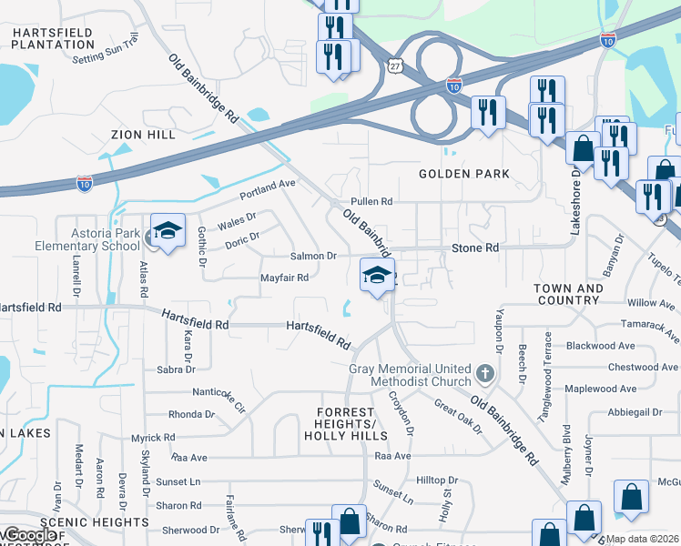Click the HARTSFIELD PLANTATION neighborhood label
(52, 38)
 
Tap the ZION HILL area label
(143, 135)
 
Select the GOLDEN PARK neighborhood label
(463, 174)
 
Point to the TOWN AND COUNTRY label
(567, 294)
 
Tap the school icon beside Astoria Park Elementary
(168, 233)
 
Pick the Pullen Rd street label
(371, 202)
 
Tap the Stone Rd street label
(475, 248)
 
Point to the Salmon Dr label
(313, 257)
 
